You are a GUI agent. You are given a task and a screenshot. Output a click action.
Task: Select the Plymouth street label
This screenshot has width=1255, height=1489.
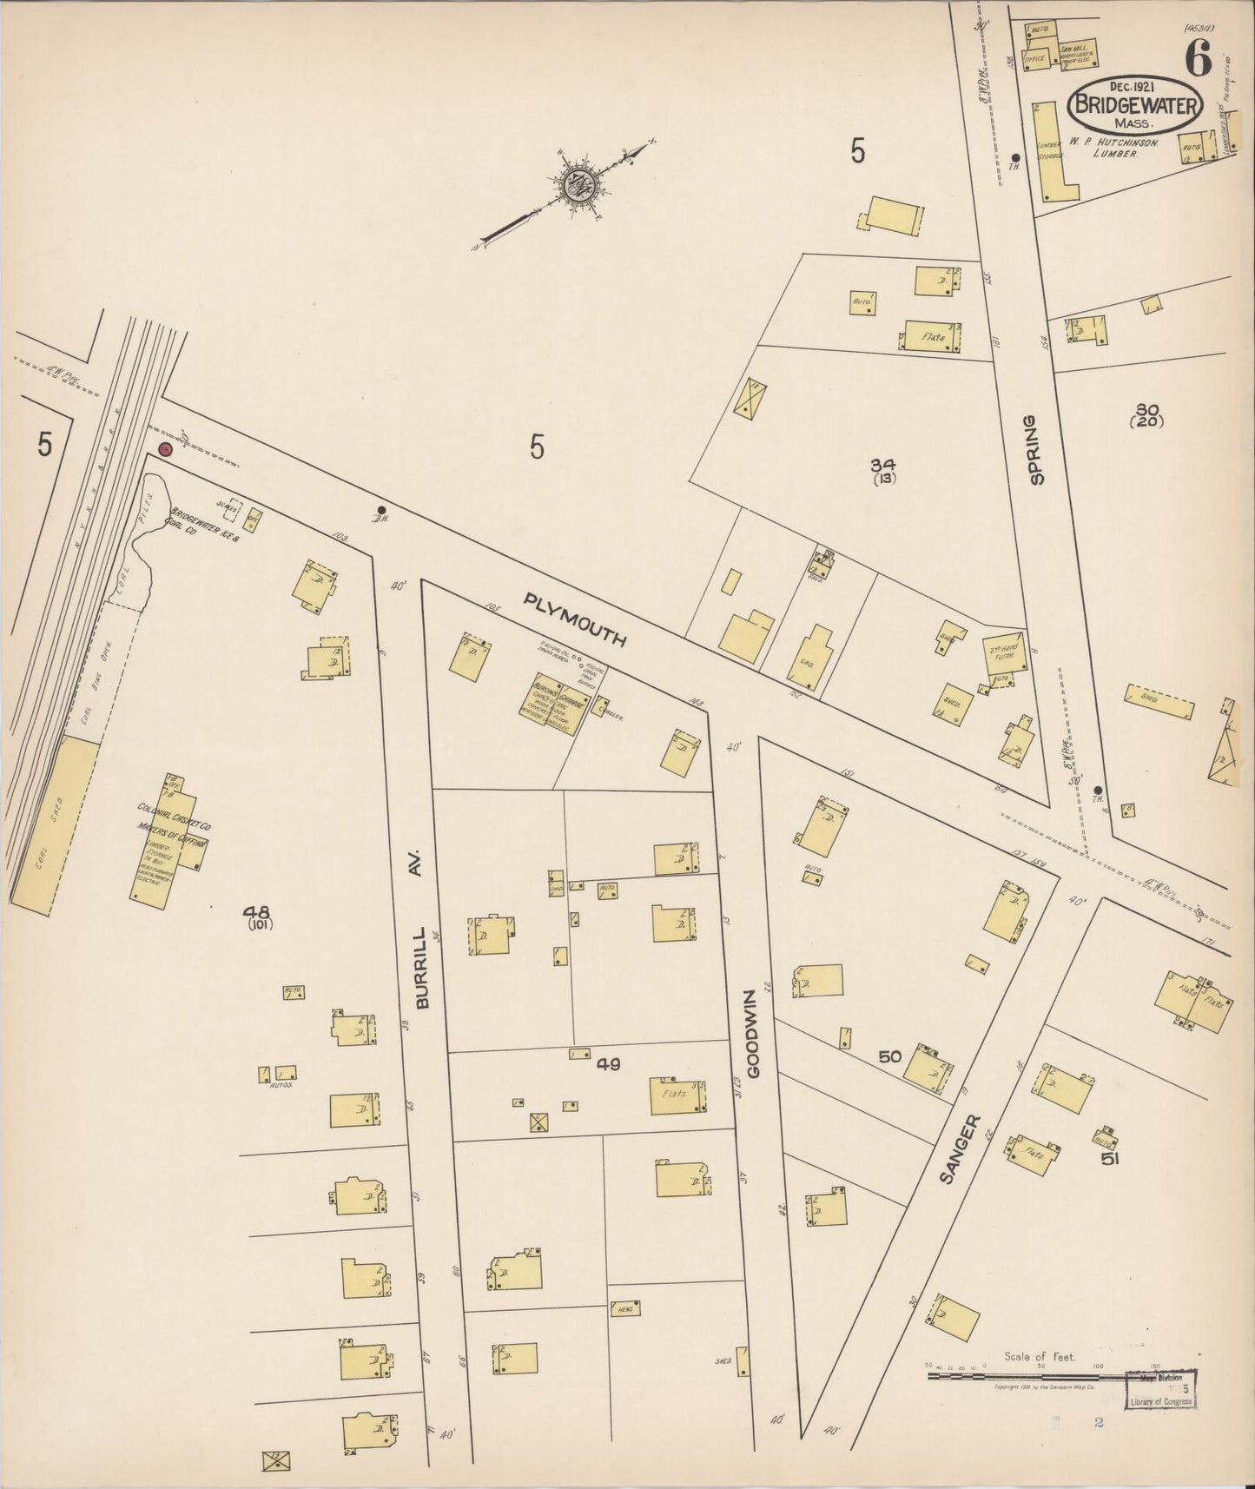click(575, 619)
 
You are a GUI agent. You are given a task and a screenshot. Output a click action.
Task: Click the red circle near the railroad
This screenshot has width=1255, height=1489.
click(165, 449)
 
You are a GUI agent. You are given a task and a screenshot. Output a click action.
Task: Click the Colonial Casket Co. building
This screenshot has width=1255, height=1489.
click(167, 840)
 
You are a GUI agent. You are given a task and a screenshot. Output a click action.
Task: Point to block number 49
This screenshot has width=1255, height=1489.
click(608, 1062)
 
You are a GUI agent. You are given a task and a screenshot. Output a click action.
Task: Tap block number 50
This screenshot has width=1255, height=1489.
click(889, 1056)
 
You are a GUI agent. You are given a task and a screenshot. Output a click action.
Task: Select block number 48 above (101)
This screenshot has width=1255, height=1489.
click(257, 911)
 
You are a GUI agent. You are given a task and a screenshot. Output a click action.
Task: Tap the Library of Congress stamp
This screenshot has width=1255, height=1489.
click(1160, 1413)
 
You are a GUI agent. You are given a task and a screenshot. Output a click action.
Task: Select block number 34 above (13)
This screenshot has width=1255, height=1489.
click(886, 465)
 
